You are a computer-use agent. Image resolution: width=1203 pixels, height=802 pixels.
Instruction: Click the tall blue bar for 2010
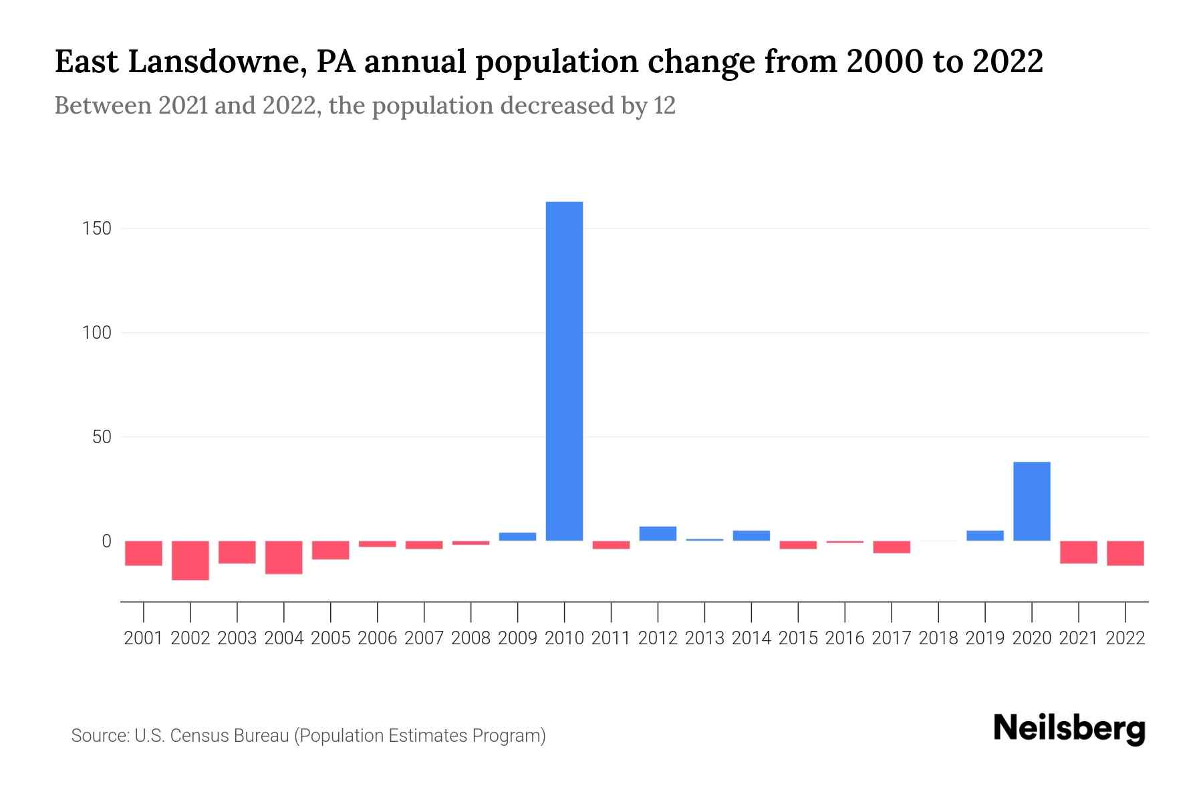coord(564,371)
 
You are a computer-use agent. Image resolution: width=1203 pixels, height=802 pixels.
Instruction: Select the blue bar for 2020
coord(1031,501)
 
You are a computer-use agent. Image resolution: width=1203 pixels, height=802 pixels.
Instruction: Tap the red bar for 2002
coord(190,560)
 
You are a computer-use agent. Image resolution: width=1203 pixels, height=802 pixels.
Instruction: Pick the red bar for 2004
coord(284,557)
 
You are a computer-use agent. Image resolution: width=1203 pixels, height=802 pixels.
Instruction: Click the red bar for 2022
coord(1125,553)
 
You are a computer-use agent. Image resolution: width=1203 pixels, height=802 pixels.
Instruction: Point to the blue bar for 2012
coord(658,533)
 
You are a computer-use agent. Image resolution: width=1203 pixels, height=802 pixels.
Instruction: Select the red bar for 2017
coord(891,547)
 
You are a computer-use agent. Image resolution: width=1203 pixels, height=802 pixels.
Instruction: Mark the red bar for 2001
coord(144,553)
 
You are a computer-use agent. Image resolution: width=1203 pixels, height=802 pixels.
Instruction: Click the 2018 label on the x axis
coord(938,638)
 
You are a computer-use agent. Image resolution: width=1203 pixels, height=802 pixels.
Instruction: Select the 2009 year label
coord(517,638)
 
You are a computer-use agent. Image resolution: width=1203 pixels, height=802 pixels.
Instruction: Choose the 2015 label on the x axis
coord(798,638)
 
